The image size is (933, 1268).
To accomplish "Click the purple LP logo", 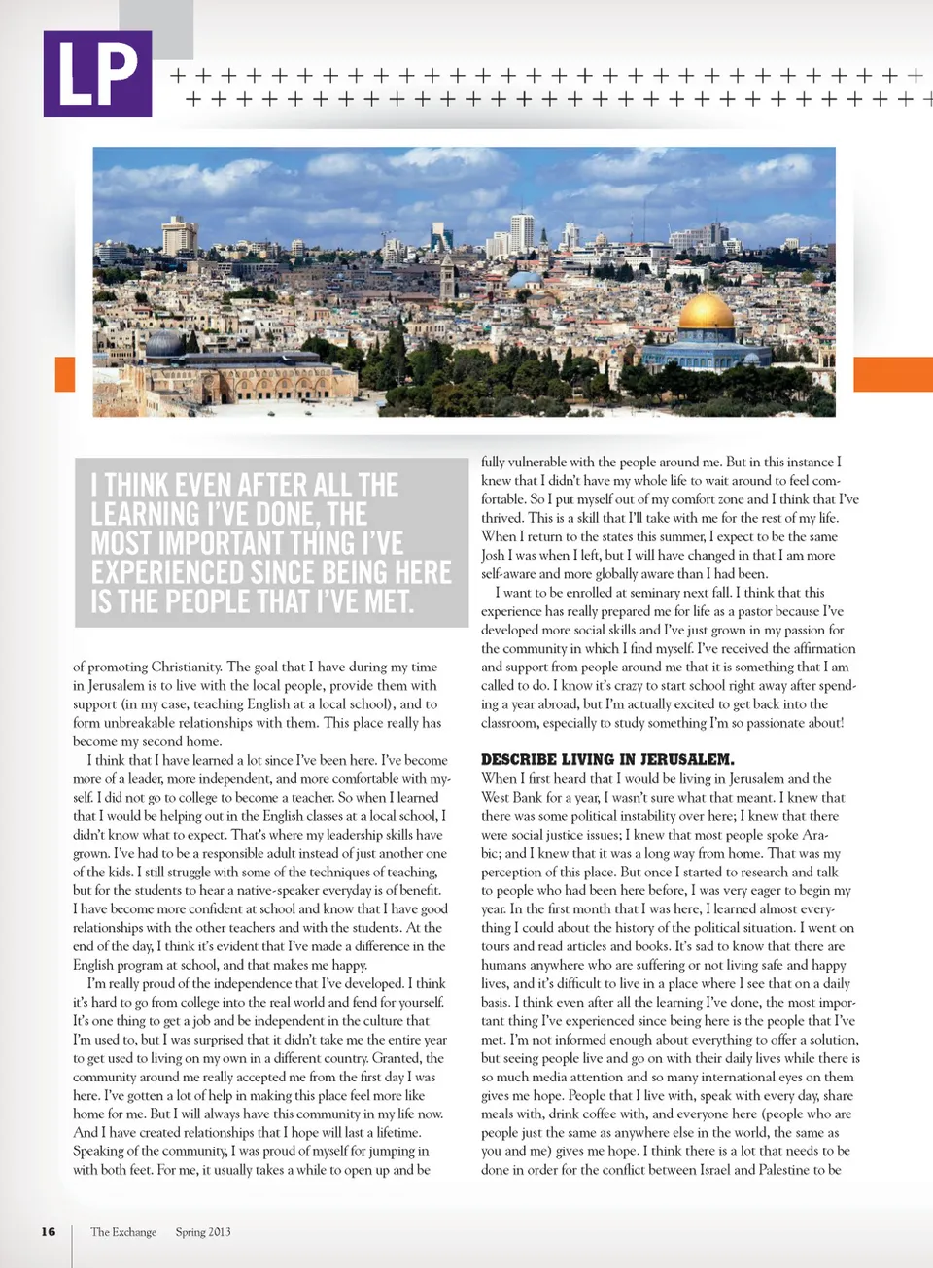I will (97, 74).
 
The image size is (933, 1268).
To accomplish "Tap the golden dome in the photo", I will (707, 313).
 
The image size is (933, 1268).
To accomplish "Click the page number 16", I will (49, 1231).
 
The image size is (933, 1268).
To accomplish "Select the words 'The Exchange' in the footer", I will (123, 1232).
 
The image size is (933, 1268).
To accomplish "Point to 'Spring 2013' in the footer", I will (203, 1232).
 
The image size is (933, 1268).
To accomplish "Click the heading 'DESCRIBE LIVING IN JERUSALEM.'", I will (607, 759).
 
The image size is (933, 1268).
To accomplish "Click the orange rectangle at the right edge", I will (892, 374).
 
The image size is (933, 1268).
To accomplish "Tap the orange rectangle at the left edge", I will (65, 374).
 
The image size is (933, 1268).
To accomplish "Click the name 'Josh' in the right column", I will (493, 555).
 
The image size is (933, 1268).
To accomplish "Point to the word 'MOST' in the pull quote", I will (121, 543).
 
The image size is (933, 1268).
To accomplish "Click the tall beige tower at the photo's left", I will (179, 236).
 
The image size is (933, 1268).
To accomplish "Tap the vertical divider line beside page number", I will (72, 1244).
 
